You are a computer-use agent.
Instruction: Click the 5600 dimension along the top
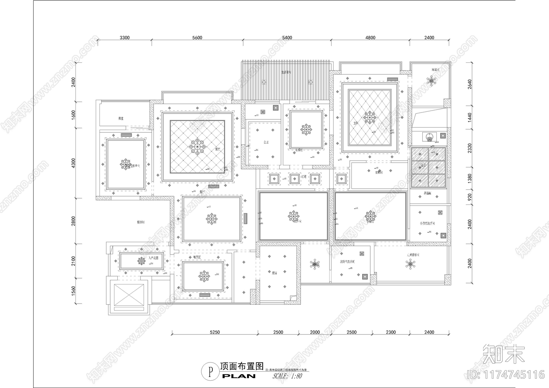point(197,38)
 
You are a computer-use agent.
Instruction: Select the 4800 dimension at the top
point(370,38)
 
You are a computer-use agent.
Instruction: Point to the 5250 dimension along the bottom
point(214,332)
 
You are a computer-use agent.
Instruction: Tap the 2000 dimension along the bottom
point(315,332)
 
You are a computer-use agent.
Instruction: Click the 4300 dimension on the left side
point(73,163)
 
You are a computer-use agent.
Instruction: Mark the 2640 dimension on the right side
point(470,84)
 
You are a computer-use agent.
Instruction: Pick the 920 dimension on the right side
point(470,197)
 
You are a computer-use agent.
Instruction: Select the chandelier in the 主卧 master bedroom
point(370,118)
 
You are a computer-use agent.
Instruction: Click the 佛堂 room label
point(121,118)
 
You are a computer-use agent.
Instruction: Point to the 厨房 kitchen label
point(274,273)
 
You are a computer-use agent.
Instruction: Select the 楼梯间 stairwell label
point(141,222)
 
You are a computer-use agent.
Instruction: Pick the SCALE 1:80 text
point(287,376)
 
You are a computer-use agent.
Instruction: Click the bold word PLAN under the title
point(239,376)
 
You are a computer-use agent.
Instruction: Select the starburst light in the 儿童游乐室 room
point(410,264)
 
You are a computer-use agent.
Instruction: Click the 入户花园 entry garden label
point(153,258)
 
